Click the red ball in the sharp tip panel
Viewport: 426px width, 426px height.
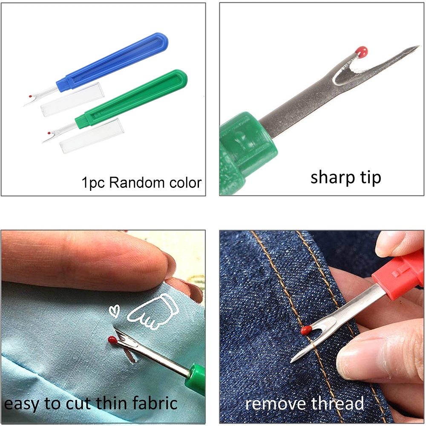[x=362, y=52]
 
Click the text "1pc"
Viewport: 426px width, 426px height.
[x=93, y=183]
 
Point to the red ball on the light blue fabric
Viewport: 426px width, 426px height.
[x=112, y=340]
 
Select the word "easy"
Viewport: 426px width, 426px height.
[x=21, y=403]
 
